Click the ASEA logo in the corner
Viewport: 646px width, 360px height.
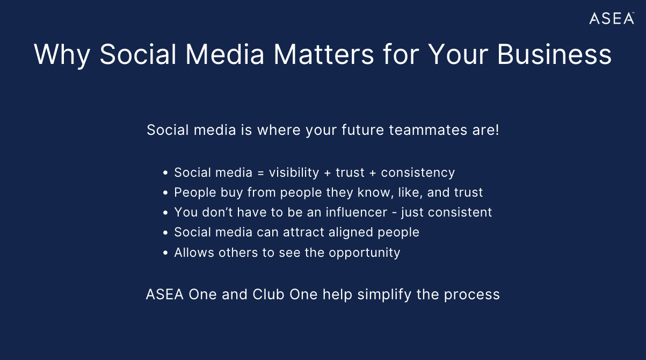612,18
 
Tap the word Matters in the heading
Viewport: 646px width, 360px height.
324,54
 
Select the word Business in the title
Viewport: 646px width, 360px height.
554,54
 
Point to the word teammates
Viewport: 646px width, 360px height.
428,130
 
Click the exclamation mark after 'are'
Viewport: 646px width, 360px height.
497,130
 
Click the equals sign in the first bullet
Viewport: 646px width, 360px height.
260,173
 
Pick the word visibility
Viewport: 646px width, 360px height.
294,173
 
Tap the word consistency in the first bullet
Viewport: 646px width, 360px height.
418,173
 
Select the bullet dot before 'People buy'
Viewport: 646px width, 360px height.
165,193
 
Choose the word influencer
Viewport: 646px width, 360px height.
357,212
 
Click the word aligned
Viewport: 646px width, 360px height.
351,233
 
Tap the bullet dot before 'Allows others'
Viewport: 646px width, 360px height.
165,253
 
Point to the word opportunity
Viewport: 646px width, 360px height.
365,253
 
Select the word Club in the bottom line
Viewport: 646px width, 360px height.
268,294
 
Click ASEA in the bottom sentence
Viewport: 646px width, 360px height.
165,294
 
